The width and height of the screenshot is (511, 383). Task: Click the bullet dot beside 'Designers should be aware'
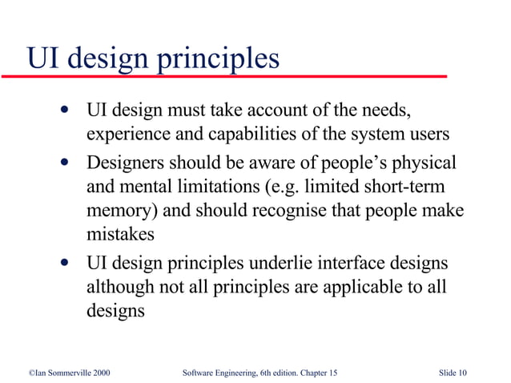[64, 163]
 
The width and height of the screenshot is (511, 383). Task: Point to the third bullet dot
[64, 263]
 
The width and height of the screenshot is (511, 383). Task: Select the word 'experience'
[126, 134]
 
